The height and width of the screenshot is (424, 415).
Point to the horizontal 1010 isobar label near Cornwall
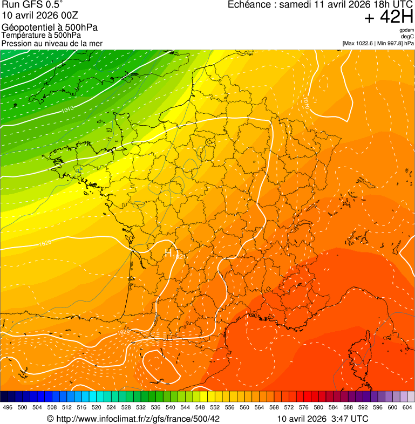coord(67,110)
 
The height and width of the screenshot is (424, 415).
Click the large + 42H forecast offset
coord(389,17)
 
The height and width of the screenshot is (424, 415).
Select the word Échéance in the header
coord(249,4)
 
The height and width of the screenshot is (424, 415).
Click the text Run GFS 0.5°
coord(32,5)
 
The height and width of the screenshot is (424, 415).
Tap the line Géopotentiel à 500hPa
coord(50,28)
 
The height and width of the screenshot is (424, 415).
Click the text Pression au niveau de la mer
coord(52,43)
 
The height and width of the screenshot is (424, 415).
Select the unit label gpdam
coord(407,30)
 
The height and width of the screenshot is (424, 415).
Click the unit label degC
coord(408,36)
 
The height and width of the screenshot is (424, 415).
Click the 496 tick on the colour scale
coord(8,407)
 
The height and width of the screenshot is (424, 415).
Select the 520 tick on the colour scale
coord(96,407)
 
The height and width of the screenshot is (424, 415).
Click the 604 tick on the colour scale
coord(407,407)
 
